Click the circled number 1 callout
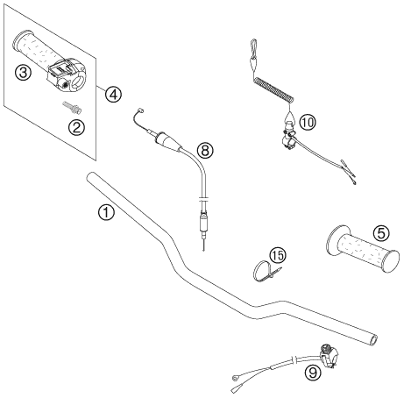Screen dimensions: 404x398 [x=106, y=212]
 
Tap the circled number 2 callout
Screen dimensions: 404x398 [x=76, y=127]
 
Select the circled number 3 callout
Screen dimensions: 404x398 [x=23, y=72]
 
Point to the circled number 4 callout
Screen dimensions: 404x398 [x=114, y=94]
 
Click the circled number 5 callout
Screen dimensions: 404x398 [x=381, y=233]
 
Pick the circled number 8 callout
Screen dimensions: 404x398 [x=205, y=150]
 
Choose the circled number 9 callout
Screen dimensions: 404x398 [x=313, y=373]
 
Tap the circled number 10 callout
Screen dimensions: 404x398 [x=308, y=122]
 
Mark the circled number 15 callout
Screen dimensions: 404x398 [x=278, y=255]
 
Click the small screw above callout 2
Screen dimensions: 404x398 [x=72, y=107]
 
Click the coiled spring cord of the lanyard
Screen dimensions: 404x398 [x=273, y=89]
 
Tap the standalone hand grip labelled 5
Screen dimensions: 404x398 [x=362, y=249]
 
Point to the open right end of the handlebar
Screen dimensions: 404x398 [x=373, y=340]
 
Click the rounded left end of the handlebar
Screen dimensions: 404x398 [x=90, y=176]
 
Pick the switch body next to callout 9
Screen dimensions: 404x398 [x=329, y=354]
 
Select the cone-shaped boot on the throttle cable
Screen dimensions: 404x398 [x=168, y=142]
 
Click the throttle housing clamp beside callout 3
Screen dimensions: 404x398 [x=67, y=75]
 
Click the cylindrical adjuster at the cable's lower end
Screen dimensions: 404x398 [x=203, y=224]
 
